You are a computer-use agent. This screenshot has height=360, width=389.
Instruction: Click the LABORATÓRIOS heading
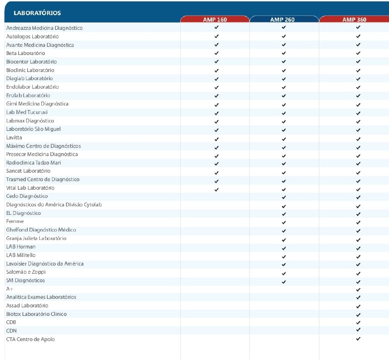37,13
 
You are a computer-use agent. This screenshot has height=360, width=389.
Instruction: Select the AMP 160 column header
215,20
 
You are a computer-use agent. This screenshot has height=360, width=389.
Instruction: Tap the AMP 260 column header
282,20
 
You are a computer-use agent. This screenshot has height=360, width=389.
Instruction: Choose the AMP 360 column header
354,20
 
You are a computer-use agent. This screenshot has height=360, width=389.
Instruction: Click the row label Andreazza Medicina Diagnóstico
45,28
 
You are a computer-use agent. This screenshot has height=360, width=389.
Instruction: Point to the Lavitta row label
14,137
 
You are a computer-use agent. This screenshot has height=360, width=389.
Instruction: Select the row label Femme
15,221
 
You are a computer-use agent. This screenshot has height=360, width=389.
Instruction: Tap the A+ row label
10,289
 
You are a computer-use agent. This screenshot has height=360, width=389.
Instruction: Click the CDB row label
11,322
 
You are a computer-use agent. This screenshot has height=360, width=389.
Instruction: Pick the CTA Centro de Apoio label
31,339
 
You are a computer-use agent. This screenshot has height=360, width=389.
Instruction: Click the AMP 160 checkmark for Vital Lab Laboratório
217,190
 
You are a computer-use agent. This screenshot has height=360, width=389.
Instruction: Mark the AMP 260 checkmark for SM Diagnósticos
284,282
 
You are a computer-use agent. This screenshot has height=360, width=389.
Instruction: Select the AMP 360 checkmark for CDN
358,330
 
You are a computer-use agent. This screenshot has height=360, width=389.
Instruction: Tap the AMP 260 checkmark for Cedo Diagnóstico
284,197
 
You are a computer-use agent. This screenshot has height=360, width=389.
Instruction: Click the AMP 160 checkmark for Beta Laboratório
217,53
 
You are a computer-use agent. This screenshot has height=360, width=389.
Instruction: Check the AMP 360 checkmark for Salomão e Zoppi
358,273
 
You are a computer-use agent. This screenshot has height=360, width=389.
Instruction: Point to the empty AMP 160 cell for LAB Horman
215,248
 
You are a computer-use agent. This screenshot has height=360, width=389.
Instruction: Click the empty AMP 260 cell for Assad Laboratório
284,305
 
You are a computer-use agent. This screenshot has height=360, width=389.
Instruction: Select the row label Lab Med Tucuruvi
27,112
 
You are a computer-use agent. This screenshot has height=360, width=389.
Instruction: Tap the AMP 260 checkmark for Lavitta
284,139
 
